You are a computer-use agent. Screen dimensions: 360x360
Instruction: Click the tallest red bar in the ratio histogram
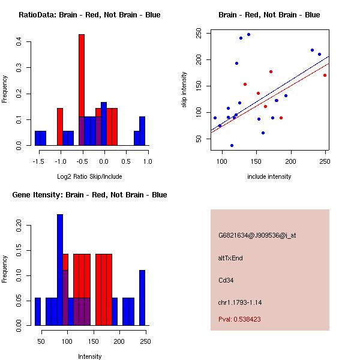tap(82, 90)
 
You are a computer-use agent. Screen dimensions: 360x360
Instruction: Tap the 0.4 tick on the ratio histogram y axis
tap(20, 41)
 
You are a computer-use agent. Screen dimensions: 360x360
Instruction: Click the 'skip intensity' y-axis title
tap(184, 90)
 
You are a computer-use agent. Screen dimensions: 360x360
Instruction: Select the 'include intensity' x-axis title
tap(269, 176)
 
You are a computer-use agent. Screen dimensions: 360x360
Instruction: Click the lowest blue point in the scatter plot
tap(232, 145)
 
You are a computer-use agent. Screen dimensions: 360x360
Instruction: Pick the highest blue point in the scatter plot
tap(248, 35)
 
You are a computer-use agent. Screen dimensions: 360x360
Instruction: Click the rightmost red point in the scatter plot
tap(325, 75)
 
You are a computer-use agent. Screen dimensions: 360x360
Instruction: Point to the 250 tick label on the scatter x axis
tap(325, 162)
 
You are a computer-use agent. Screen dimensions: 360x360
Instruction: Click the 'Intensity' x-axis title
tap(89, 356)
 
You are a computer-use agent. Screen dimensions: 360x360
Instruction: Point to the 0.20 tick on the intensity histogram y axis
tap(20, 226)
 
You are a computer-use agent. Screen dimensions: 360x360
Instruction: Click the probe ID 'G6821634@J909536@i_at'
tap(257, 235)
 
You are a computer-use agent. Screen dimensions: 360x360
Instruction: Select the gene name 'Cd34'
tap(226, 280)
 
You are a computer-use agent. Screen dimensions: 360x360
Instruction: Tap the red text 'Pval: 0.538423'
tap(248, 319)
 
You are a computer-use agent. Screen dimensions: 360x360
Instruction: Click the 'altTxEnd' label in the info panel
tap(230, 257)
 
